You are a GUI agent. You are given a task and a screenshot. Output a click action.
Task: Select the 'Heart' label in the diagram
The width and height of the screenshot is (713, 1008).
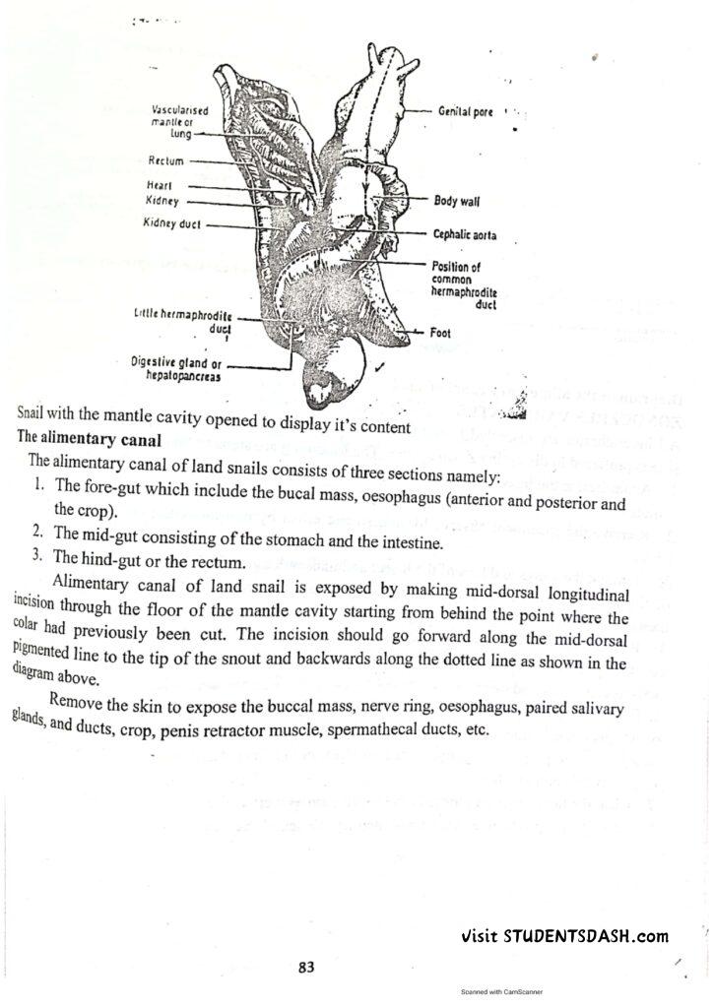click(x=160, y=185)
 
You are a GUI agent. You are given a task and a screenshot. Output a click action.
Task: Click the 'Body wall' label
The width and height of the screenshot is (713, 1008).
click(x=457, y=202)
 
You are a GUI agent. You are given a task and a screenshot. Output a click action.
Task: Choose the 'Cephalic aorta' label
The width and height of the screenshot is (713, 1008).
click(x=465, y=235)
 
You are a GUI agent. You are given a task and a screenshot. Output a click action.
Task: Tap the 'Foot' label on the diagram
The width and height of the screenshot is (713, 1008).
click(x=440, y=333)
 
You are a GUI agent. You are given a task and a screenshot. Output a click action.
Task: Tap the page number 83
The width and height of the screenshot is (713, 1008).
click(x=306, y=967)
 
